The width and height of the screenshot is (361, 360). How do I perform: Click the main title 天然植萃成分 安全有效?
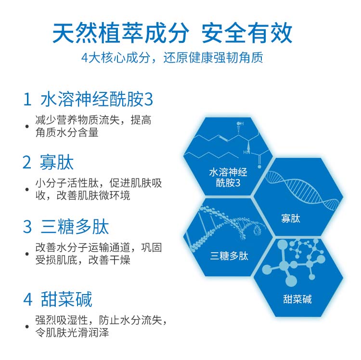click(172, 33)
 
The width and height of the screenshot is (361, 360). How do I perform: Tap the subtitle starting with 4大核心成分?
click(172, 58)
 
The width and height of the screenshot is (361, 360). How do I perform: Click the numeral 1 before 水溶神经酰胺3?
click(27, 100)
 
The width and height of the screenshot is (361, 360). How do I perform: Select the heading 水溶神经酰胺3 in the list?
click(97, 100)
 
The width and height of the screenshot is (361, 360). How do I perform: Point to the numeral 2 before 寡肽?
click(27, 162)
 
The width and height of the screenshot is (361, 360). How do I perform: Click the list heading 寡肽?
click(57, 162)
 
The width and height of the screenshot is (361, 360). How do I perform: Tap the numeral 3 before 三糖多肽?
click(27, 227)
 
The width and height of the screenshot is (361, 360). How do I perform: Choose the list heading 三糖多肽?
click(75, 227)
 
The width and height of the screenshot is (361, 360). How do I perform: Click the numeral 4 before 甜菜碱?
click(28, 299)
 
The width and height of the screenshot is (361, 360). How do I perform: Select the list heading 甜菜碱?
click(66, 299)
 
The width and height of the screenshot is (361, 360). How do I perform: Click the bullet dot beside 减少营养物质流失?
click(27, 127)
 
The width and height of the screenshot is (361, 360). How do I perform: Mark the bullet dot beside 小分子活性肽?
click(27, 190)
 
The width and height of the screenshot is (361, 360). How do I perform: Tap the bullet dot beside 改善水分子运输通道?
click(27, 254)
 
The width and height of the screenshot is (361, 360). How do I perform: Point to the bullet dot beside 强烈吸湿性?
click(27, 326)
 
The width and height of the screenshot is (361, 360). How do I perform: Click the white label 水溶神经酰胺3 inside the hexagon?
click(228, 178)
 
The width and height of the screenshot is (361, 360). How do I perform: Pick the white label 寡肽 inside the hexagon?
click(291, 218)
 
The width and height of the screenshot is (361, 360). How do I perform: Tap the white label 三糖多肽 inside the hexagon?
click(229, 256)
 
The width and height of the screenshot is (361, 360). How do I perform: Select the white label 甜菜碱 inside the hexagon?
click(297, 299)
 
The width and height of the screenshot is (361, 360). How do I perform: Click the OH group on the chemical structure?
click(240, 124)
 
